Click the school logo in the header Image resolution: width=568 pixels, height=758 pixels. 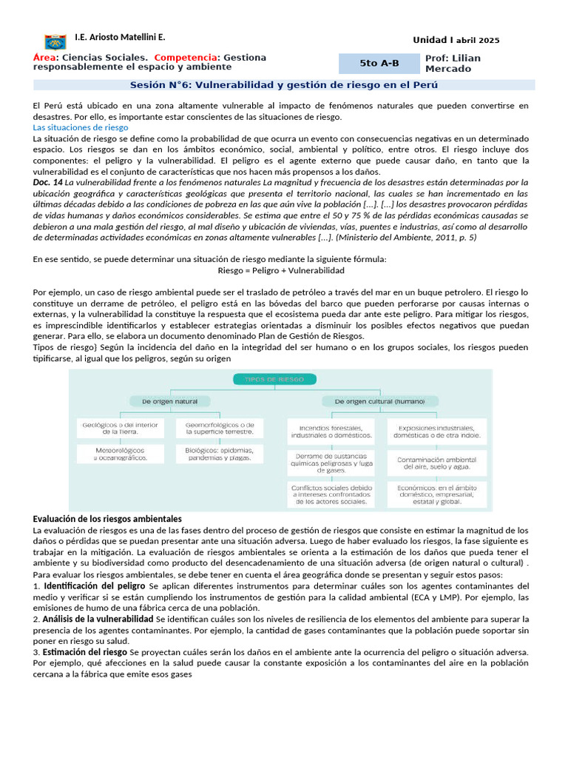(55, 41)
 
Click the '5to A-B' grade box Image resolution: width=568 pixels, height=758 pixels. (379, 64)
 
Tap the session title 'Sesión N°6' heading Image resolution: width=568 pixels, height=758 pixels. (284, 85)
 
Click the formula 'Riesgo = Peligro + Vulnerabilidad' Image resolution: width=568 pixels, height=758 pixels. (281, 271)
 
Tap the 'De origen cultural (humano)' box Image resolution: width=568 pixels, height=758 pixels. (379, 401)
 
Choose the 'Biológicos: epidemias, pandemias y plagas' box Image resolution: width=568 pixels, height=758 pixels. (219, 454)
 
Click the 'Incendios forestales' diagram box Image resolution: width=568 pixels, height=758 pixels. (331, 432)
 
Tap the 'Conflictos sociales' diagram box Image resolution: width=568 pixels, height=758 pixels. (331, 494)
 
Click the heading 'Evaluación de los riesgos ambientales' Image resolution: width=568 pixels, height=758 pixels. (108, 518)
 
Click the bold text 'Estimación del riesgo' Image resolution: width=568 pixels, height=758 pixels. (85, 652)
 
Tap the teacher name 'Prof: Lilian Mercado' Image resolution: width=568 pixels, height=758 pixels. (453, 64)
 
